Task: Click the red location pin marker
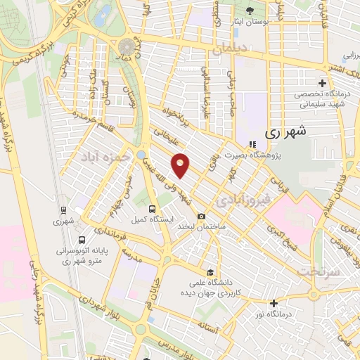[181, 166]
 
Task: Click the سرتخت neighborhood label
[319, 270]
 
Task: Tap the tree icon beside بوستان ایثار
[252, 10]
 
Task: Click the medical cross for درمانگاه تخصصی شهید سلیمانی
[323, 84]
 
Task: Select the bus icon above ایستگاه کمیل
[153, 209]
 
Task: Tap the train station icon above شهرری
[63, 210]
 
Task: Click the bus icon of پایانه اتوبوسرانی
[82, 239]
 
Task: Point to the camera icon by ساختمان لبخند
[202, 217]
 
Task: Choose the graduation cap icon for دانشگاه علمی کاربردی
[209, 272]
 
